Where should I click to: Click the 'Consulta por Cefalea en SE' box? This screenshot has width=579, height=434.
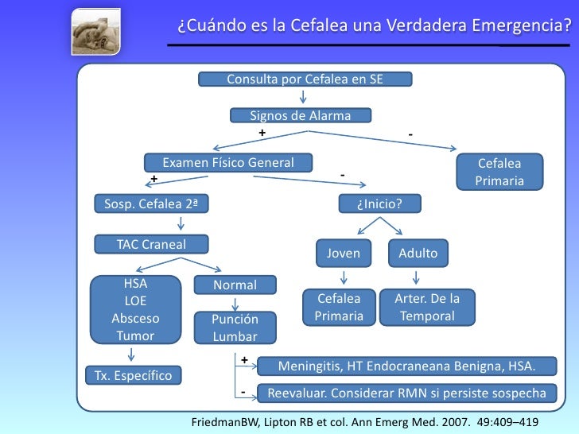[305, 79]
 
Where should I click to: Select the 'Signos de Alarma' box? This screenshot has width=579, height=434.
[301, 116]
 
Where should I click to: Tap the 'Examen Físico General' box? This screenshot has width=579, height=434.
[228, 163]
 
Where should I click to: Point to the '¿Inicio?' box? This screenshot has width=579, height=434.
[379, 204]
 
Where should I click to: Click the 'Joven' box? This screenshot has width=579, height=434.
[344, 254]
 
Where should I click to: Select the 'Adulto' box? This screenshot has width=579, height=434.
[418, 254]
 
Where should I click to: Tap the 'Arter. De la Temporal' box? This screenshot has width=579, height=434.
[428, 308]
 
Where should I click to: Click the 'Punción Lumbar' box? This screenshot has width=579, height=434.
[235, 327]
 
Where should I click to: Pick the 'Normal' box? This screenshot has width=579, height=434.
[235, 285]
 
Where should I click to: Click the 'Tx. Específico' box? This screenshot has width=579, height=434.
[134, 375]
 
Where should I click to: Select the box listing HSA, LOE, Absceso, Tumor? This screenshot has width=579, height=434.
[135, 308]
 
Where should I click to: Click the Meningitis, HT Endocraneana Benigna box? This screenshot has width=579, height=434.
[406, 366]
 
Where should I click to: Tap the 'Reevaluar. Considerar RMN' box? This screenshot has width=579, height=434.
[406, 393]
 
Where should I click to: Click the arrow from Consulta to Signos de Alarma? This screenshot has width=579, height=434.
[303, 97]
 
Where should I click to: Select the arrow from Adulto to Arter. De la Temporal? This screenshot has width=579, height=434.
[416, 277]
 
